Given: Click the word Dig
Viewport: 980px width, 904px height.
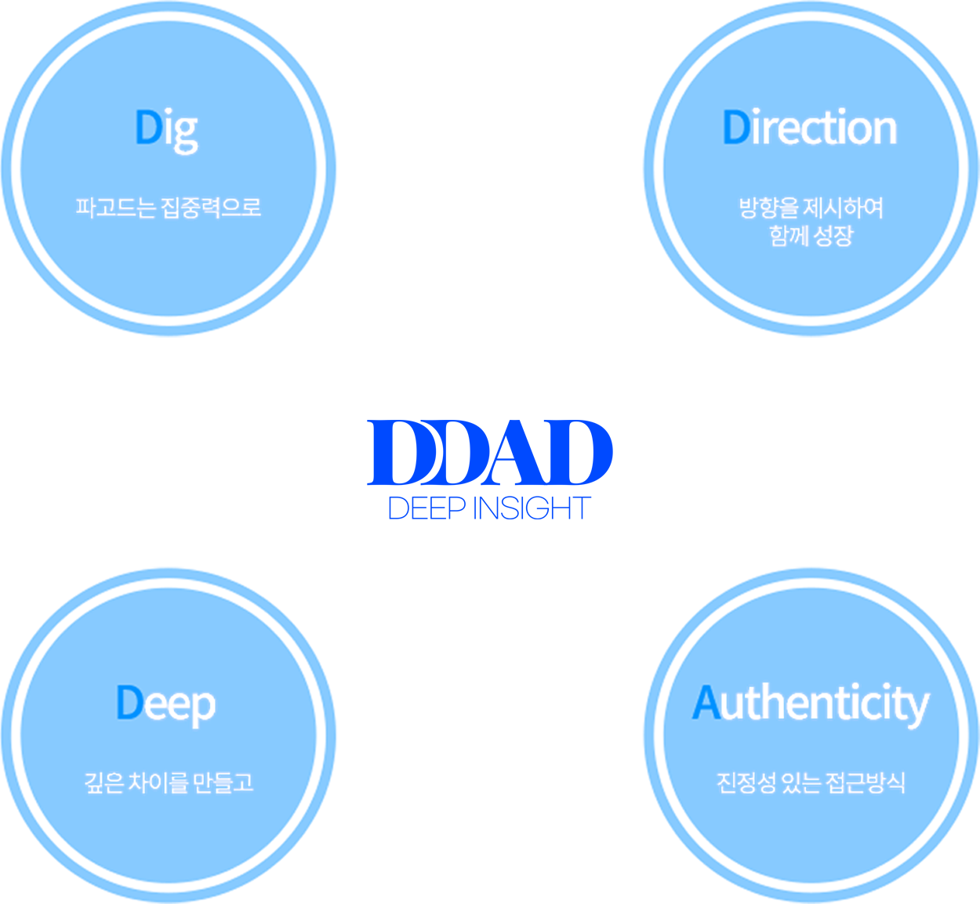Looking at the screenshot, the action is (167, 131).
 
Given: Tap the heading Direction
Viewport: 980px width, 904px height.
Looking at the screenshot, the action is (810, 127).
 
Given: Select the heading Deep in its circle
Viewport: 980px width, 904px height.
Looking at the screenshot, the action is (165, 704).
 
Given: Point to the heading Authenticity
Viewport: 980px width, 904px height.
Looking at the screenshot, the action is (810, 704).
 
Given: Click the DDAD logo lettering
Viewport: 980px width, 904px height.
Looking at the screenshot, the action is (489, 452).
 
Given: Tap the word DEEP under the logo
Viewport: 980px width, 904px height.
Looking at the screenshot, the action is (426, 508).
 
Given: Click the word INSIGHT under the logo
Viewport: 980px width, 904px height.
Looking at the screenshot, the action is (532, 508).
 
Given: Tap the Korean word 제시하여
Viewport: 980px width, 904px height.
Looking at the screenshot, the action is (844, 208).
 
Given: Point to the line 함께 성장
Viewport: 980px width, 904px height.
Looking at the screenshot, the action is (811, 236).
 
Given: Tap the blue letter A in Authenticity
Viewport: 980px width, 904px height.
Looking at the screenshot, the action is (706, 701).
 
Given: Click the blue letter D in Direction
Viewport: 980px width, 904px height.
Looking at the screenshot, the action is (736, 127).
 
